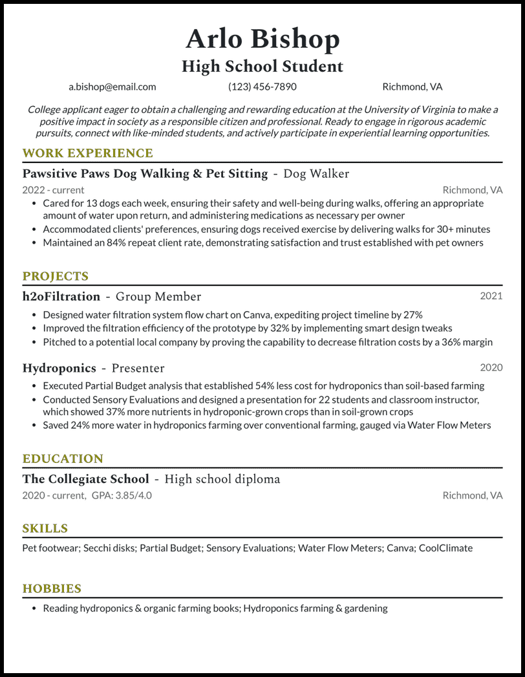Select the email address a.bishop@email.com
pyautogui.click(x=112, y=87)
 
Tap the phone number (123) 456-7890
pyautogui.click(x=262, y=87)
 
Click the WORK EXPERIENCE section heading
pyautogui.click(x=87, y=153)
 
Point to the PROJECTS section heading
pyautogui.click(x=56, y=276)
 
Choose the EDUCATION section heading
pyautogui.click(x=63, y=458)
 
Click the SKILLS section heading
pyautogui.click(x=45, y=528)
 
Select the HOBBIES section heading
pyautogui.click(x=52, y=588)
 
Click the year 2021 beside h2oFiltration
pyautogui.click(x=491, y=296)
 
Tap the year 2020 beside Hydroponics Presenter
pyautogui.click(x=491, y=367)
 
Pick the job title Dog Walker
pyautogui.click(x=316, y=173)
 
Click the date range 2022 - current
pyautogui.click(x=53, y=190)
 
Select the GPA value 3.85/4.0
pyautogui.click(x=135, y=495)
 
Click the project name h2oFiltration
pyautogui.click(x=61, y=297)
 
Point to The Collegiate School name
pyautogui.click(x=85, y=479)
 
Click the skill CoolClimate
pyautogui.click(x=445, y=548)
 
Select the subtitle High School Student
pyautogui.click(x=262, y=67)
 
